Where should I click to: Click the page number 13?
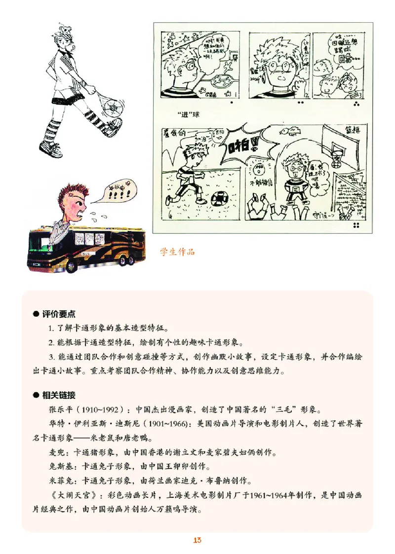[x=197, y=540]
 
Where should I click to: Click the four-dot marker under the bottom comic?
[x=356, y=226]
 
